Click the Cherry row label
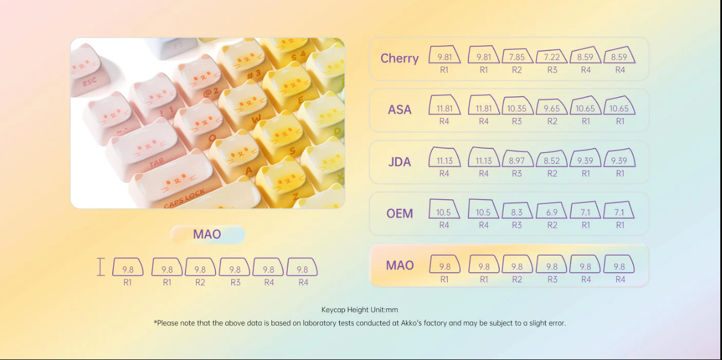399,58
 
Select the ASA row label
399,110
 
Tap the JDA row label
399,162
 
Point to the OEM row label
399,213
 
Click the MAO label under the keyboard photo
207,234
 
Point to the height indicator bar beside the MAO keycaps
101,267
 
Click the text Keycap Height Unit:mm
359,310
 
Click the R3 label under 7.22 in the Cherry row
552,70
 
